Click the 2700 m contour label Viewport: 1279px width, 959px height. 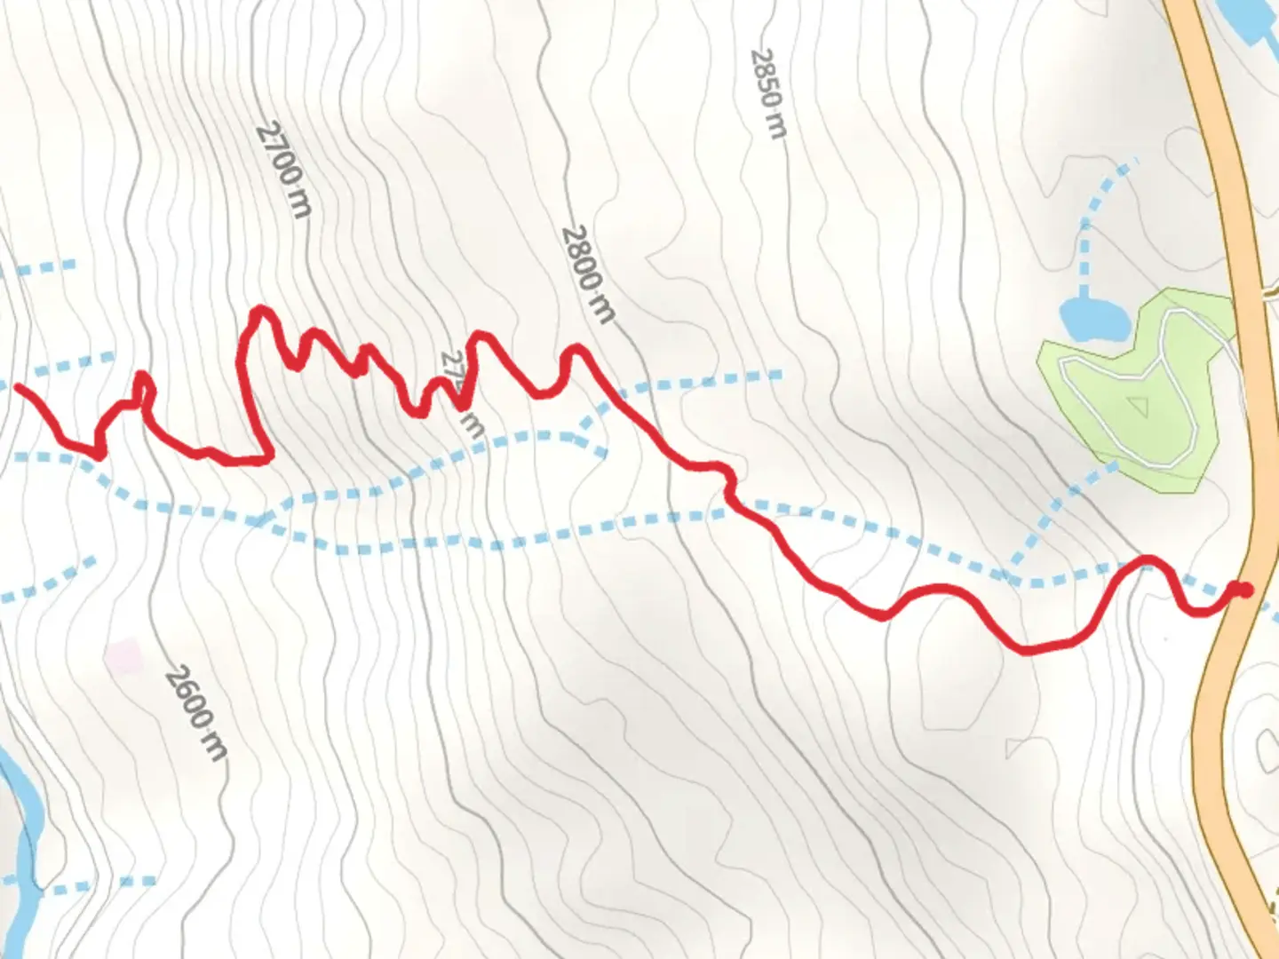tap(284, 170)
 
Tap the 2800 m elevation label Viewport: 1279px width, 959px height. tap(588, 273)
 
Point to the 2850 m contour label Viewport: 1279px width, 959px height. tap(768, 93)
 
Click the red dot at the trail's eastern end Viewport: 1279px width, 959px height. tap(1245, 590)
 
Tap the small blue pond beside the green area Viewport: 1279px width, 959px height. tap(1093, 319)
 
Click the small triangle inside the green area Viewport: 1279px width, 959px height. tap(1137, 407)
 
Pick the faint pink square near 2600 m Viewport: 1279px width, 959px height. tap(123, 655)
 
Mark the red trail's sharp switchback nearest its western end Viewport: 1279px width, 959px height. tap(99, 456)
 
